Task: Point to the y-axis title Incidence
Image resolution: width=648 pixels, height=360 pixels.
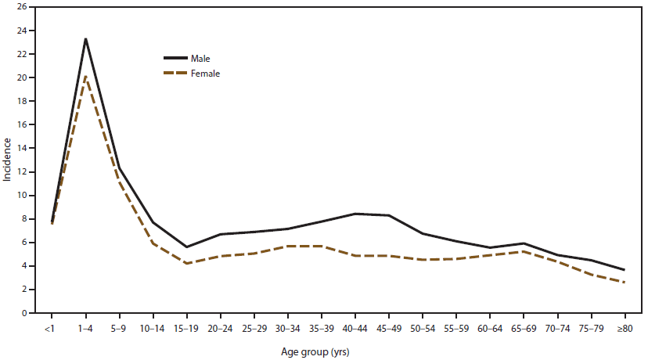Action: pyautogui.click(x=7, y=160)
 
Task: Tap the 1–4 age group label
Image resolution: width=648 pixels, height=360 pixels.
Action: pyautogui.click(x=85, y=329)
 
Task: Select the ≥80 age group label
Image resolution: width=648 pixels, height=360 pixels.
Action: pyautogui.click(x=625, y=329)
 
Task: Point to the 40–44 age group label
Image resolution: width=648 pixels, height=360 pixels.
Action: pyautogui.click(x=355, y=329)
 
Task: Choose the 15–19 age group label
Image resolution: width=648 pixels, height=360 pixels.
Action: pyautogui.click(x=186, y=329)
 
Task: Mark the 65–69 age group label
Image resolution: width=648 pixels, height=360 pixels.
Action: pyautogui.click(x=524, y=329)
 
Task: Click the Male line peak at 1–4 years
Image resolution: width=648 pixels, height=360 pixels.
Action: pyautogui.click(x=85, y=39)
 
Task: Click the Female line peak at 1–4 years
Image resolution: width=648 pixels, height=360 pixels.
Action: pyautogui.click(x=85, y=76)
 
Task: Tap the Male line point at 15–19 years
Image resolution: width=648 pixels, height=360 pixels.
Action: pyautogui.click(x=186, y=247)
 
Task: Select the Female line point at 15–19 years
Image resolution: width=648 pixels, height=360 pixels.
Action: pyautogui.click(x=186, y=264)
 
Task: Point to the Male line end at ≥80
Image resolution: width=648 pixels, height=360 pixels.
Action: pyautogui.click(x=625, y=270)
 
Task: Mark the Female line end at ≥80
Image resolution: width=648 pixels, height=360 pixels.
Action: pyautogui.click(x=625, y=283)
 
